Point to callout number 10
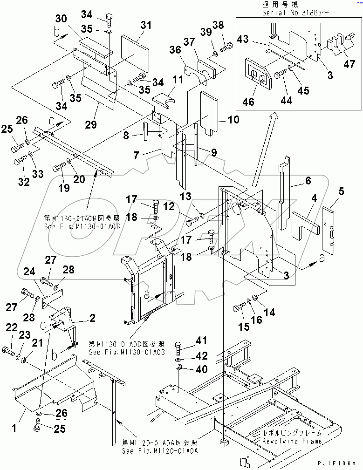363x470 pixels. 233,120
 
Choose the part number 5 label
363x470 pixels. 341,191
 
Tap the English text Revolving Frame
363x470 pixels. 292,441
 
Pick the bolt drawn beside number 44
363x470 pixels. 280,75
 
